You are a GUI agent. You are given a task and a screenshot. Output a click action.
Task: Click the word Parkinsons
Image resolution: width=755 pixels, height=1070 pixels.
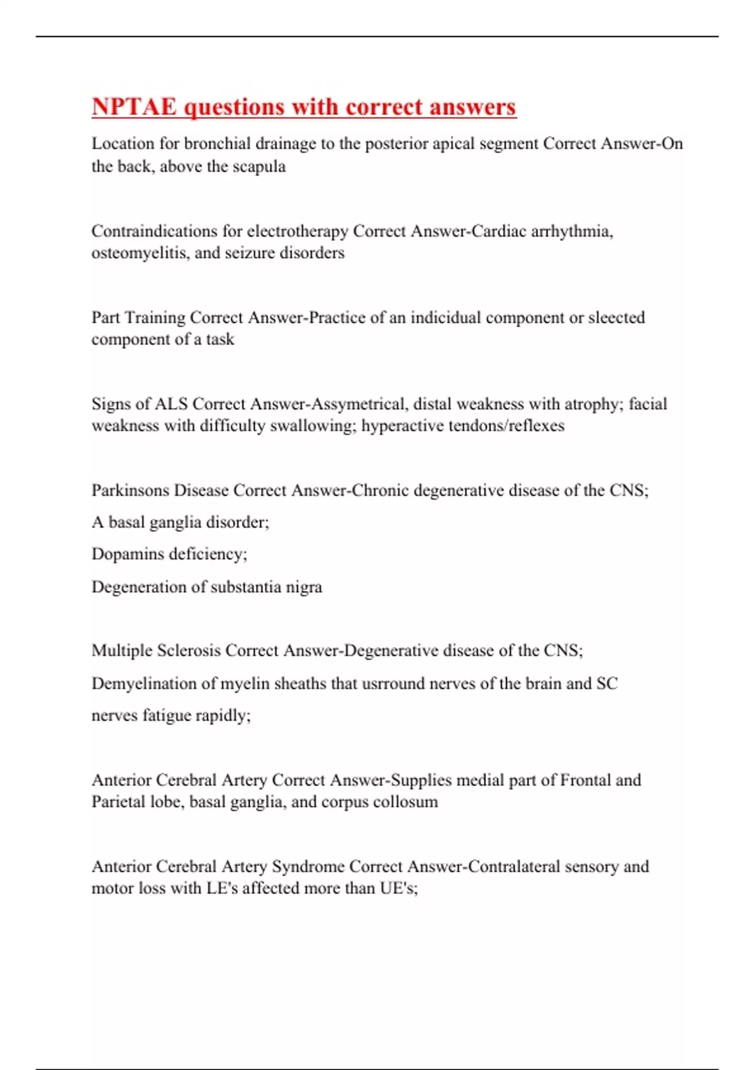pyautogui.click(x=130, y=490)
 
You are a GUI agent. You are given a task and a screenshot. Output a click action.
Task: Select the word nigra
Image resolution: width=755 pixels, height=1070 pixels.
pyautogui.click(x=304, y=587)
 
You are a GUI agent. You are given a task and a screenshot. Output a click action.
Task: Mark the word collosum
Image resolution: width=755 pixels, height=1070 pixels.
pyautogui.click(x=405, y=802)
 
